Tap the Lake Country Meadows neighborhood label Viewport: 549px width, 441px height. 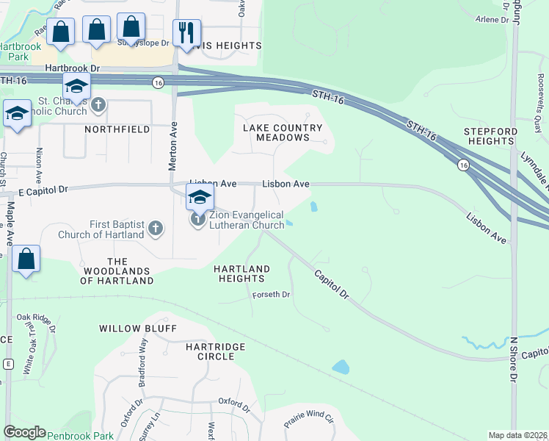[283, 133]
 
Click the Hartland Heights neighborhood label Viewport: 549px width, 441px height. [240, 274]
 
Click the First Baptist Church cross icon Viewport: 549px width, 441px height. [155, 229]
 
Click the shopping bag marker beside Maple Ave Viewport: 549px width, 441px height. [26, 259]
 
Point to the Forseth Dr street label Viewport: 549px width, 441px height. [272, 295]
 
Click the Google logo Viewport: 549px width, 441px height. [24, 432]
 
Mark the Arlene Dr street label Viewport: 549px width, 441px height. [492, 20]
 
